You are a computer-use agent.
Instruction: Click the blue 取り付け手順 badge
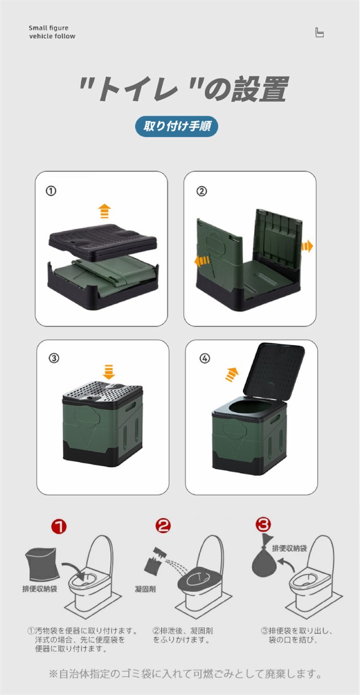pos(176,127)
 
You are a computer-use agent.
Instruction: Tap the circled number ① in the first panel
pos(51,191)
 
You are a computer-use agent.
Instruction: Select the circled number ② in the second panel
pos(201,191)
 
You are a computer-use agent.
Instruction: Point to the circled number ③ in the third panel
pos(53,358)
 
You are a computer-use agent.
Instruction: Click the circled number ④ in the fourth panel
pos(205,358)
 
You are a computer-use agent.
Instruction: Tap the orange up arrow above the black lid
pos(105,211)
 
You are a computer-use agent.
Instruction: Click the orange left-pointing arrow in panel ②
pos(202,261)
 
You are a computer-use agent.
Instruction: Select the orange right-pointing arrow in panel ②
pos(307,247)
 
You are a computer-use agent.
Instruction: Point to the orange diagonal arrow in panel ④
pos(232,374)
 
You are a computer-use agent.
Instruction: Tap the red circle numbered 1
pos(59,526)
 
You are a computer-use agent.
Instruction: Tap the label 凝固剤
pos(145,589)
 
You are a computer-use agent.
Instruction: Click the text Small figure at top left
pos(48,28)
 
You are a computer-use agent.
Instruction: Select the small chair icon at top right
pos(319,32)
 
